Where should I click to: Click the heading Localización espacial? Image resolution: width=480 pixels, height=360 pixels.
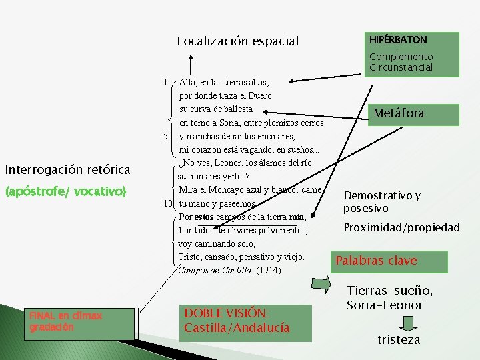point(238,41)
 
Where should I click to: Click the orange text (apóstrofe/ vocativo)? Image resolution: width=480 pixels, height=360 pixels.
point(65,191)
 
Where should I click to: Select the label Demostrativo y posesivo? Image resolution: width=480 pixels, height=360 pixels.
point(382,202)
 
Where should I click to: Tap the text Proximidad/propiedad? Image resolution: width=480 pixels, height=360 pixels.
point(401,227)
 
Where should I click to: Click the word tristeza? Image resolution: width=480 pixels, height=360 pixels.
point(399,340)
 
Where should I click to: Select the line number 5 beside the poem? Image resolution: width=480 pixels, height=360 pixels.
point(164,137)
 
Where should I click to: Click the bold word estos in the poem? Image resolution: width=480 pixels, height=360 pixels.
point(205,217)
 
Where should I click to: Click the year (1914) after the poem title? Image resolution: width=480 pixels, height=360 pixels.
point(268,271)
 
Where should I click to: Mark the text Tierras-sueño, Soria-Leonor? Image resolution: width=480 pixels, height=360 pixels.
point(390,297)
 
